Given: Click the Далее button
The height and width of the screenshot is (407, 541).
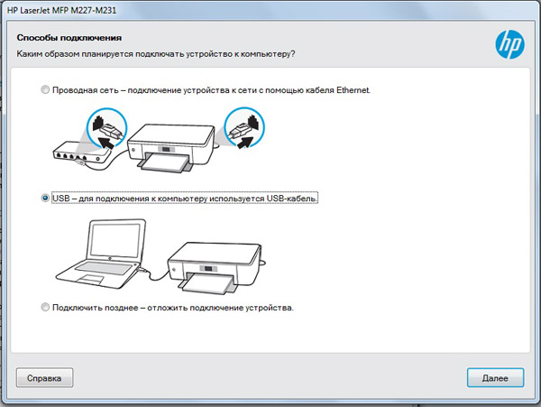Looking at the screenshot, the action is click(x=495, y=377).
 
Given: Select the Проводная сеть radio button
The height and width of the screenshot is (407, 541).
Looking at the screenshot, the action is click(x=45, y=89).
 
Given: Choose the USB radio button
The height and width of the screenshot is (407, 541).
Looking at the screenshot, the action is click(x=45, y=199).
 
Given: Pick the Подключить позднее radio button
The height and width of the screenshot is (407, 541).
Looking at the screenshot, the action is click(x=45, y=307).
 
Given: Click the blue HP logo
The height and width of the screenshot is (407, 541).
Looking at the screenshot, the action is click(x=510, y=44).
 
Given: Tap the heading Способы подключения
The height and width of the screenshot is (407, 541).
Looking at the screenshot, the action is click(x=69, y=38).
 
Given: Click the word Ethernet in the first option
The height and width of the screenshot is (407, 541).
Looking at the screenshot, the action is click(x=353, y=90).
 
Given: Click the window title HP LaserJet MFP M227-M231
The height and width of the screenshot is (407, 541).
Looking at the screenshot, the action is click(x=61, y=10).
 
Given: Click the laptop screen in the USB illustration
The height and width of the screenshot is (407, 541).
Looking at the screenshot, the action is click(x=116, y=239).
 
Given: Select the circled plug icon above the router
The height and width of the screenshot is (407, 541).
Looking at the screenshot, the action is click(x=106, y=129).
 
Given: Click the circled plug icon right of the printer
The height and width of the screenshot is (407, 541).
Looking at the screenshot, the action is click(x=244, y=128).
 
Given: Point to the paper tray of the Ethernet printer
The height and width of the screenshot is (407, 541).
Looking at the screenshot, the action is click(x=165, y=163).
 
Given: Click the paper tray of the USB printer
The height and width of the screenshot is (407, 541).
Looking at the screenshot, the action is click(x=207, y=283).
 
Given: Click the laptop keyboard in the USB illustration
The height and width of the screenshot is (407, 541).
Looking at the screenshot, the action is click(x=104, y=267).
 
